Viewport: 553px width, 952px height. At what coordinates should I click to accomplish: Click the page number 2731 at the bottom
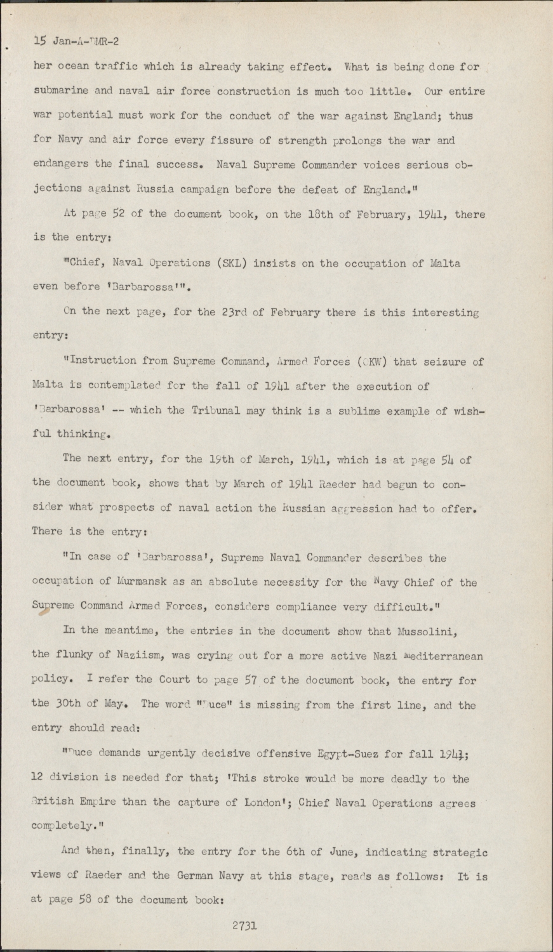click(244, 925)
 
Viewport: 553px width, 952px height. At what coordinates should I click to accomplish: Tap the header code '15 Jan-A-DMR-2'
click(76, 42)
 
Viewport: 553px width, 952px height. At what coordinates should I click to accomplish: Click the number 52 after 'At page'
click(120, 214)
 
